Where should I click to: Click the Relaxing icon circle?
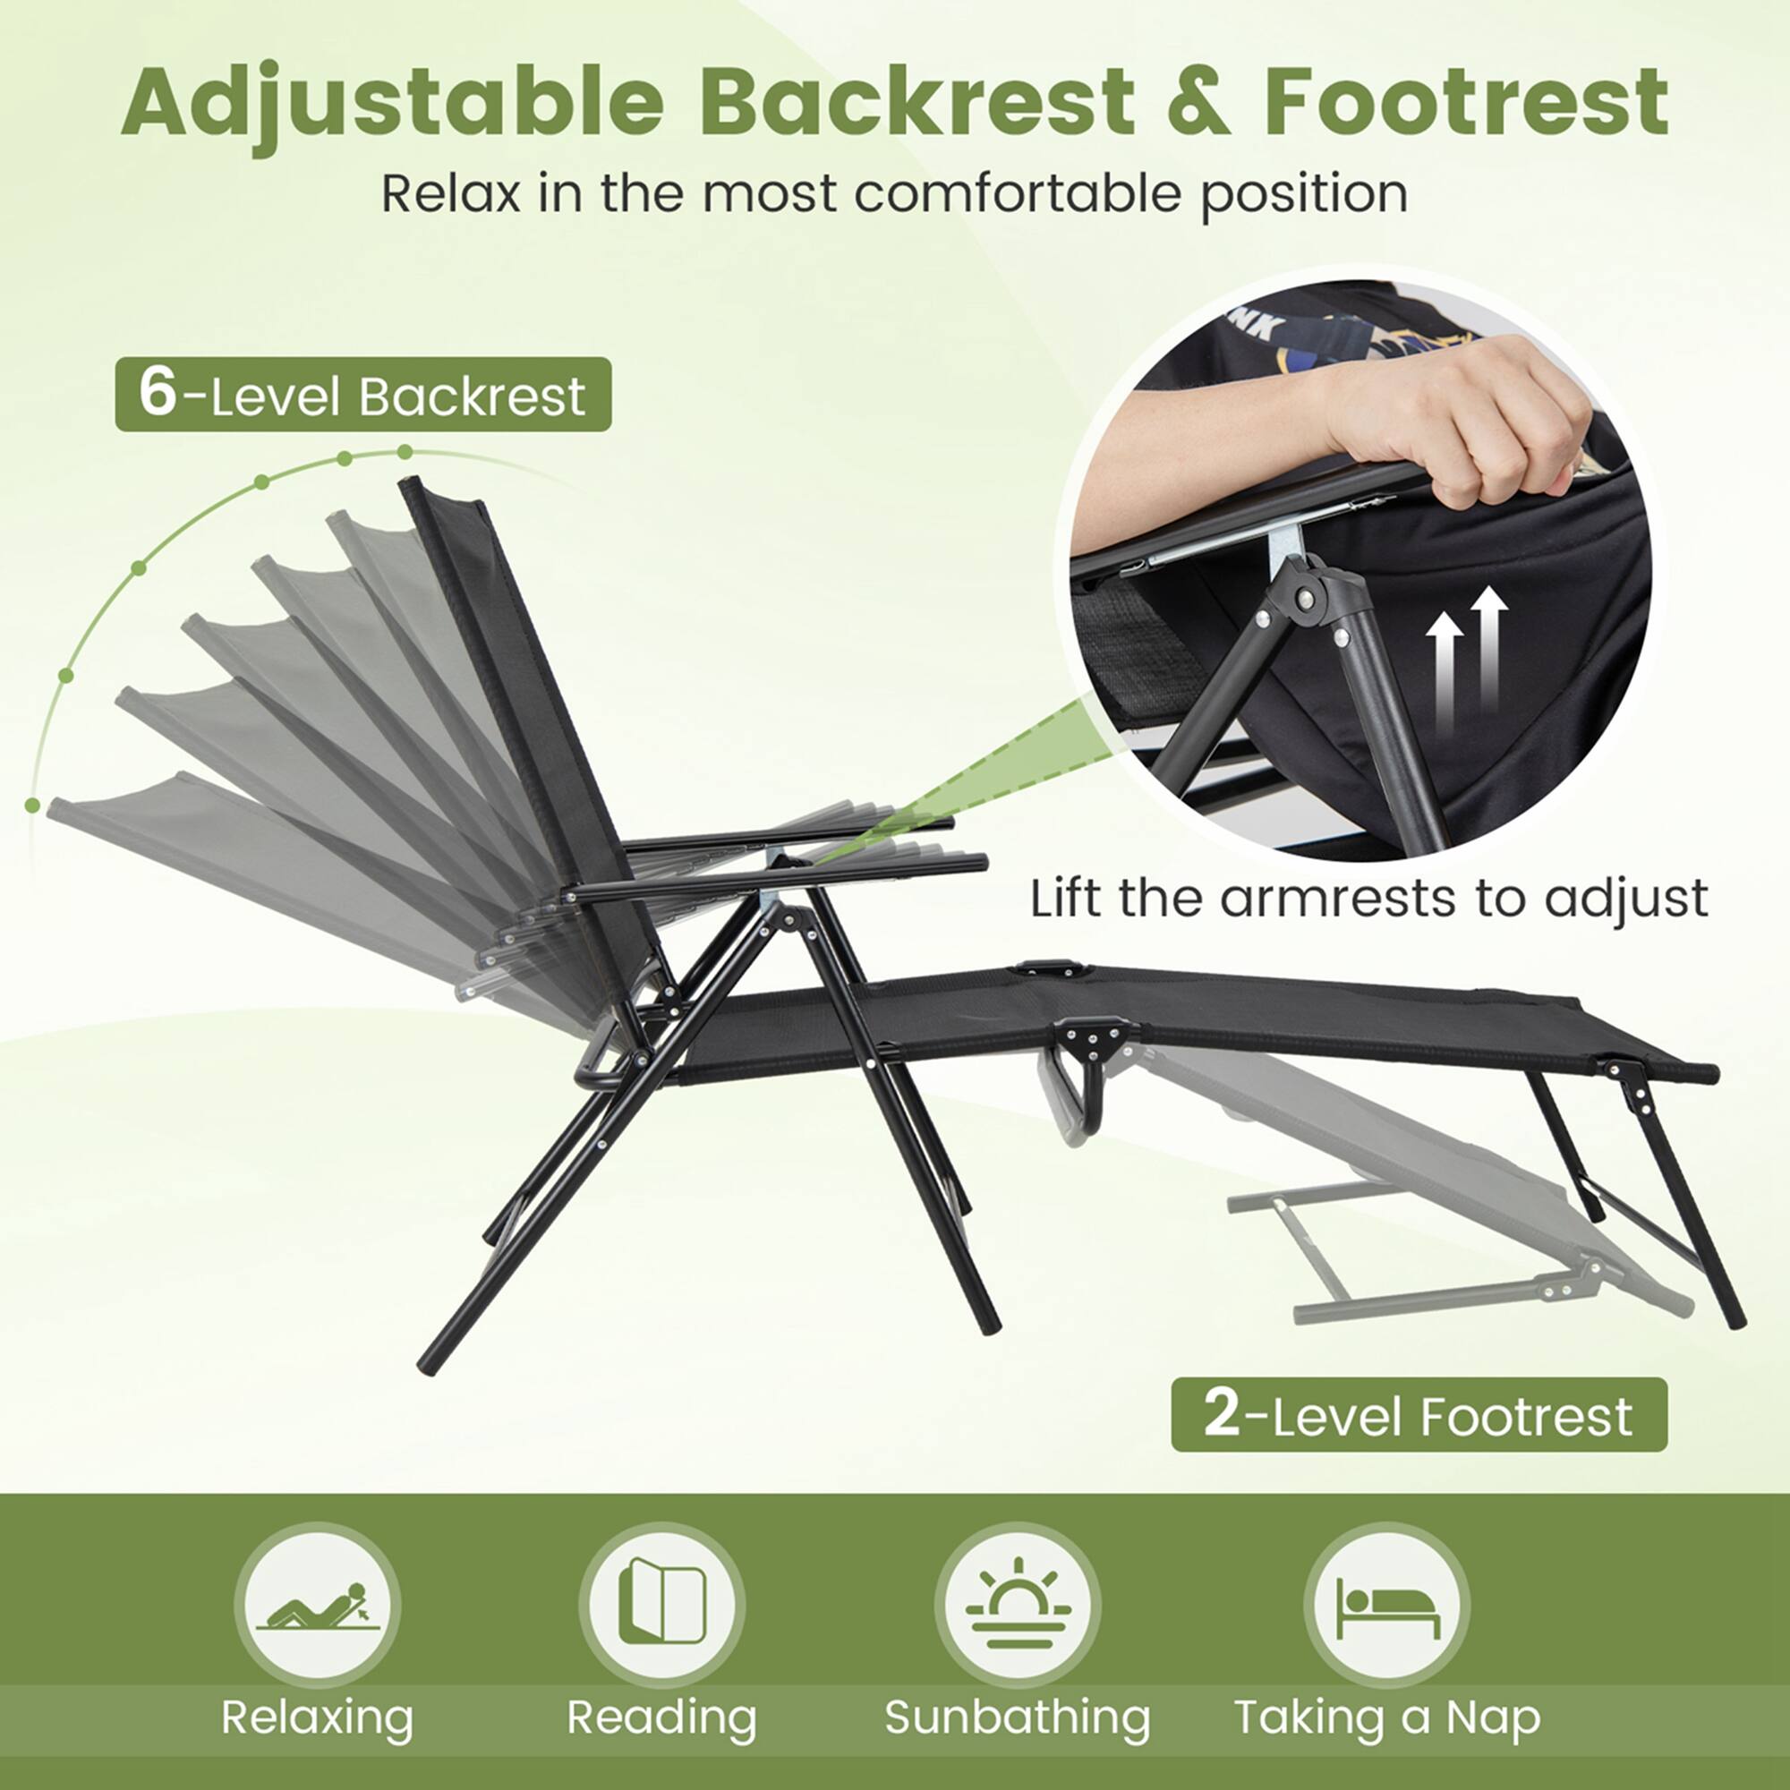point(317,1606)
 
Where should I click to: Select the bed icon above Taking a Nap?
point(1387,1606)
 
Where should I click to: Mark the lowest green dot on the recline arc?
point(33,805)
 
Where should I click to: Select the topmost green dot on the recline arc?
point(405,452)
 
